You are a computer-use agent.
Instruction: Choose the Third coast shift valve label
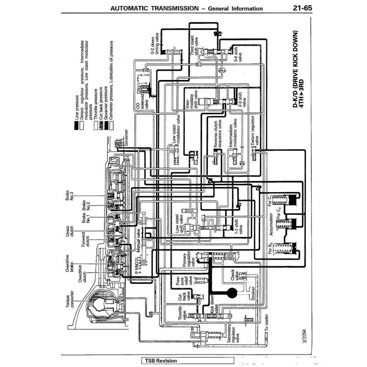pos(194,45)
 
